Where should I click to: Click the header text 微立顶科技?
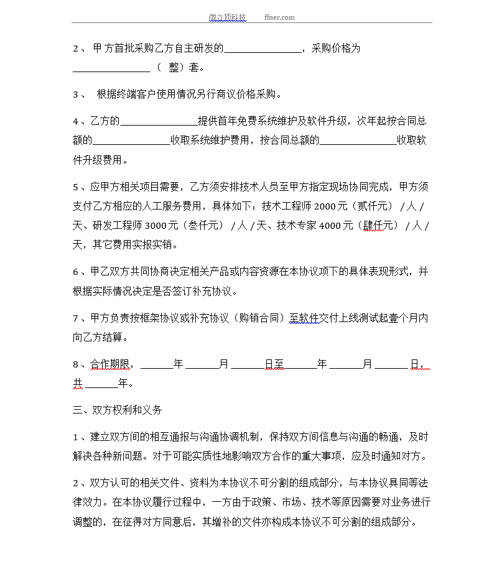click(228, 17)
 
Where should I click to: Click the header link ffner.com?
click(279, 17)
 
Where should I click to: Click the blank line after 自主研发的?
click(262, 49)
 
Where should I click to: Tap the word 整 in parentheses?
click(174, 68)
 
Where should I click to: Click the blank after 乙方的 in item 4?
click(159, 121)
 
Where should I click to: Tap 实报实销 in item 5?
click(157, 244)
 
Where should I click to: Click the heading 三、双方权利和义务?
click(118, 410)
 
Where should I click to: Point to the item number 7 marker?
click(75, 318)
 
